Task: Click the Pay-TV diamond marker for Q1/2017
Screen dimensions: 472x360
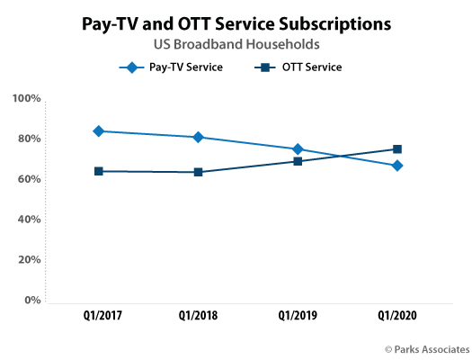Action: [98, 131]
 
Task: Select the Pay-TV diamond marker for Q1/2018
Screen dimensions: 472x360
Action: [198, 137]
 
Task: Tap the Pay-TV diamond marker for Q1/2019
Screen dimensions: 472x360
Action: [298, 149]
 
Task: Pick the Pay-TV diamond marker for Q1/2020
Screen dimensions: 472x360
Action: [397, 166]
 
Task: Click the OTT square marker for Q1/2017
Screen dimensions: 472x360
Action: [98, 171]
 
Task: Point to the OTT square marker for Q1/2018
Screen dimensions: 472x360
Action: [198, 172]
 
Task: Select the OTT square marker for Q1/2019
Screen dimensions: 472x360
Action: [298, 161]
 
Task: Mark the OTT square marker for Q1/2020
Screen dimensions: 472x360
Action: [397, 149]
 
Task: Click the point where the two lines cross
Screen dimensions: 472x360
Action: [341, 156]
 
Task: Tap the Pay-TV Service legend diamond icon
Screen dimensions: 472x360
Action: [131, 67]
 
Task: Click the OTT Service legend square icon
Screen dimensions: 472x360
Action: [265, 67]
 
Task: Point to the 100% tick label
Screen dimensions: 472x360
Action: [26, 98]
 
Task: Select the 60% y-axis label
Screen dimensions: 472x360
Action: [29, 179]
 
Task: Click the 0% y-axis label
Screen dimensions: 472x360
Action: [32, 300]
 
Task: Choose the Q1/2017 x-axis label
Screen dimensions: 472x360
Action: [102, 315]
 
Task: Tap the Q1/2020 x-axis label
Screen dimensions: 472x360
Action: [397, 315]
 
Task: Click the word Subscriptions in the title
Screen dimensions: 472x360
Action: [335, 24]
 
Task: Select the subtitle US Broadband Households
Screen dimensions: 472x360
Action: [236, 44]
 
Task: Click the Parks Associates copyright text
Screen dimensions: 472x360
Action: [427, 349]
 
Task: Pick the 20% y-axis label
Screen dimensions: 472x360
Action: [29, 260]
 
